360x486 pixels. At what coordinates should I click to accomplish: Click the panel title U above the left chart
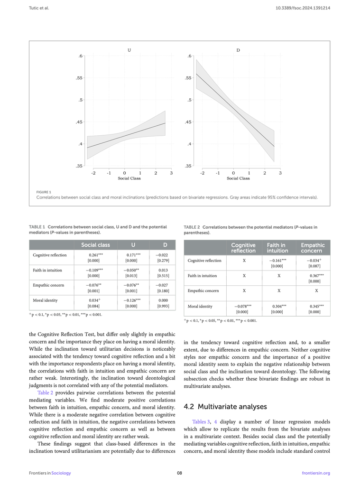coord(129,50)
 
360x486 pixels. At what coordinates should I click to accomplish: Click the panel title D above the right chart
coord(238,50)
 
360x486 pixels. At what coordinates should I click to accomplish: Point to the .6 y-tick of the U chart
coord(81,56)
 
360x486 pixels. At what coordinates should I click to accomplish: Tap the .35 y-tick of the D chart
coord(188,166)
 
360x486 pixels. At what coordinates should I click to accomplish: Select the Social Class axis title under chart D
coord(238,178)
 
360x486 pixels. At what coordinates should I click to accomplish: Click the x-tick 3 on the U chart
coord(171,173)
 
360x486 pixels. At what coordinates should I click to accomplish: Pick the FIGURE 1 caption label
coord(44,192)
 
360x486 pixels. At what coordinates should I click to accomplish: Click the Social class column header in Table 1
coord(95,245)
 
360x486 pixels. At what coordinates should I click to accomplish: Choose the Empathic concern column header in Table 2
coord(313,248)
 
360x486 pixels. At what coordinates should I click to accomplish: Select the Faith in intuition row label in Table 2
coord(202,276)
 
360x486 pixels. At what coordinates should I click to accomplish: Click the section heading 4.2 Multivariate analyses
coord(225,407)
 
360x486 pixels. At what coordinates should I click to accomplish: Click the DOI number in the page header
coord(303,8)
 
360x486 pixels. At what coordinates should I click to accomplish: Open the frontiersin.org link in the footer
coord(315,473)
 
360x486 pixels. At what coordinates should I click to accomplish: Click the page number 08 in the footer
coord(180,473)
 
